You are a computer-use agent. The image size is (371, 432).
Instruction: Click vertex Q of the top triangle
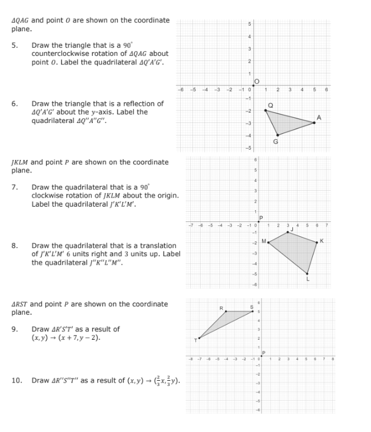tap(266, 110)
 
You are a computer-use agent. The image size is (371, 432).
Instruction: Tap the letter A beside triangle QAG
tap(320, 117)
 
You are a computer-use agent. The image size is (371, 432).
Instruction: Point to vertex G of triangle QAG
tap(278, 135)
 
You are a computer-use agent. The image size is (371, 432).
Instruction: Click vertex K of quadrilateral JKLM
tap(317, 241)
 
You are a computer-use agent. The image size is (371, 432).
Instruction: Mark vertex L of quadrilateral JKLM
tap(307, 273)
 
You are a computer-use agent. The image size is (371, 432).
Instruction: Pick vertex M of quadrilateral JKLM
tap(268, 242)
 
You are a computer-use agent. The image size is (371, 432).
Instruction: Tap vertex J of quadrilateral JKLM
tap(288, 232)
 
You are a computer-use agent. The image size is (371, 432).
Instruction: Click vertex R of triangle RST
tap(226, 311)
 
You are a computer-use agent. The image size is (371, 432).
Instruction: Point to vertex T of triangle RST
tap(199, 339)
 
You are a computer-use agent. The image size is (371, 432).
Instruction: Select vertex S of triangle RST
tap(252, 311)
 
